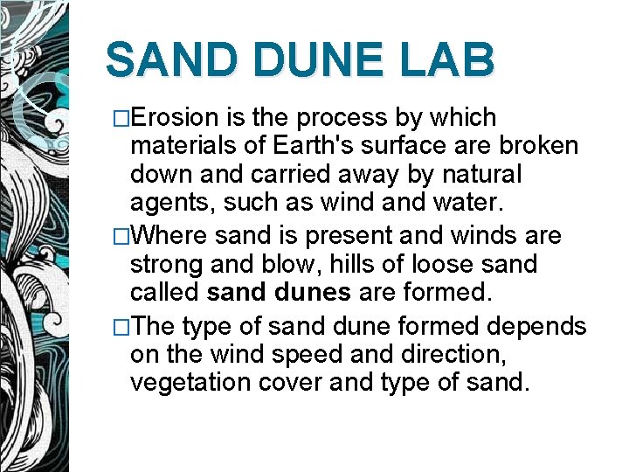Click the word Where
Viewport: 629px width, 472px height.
click(172, 235)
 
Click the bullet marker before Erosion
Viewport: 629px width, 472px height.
click(122, 119)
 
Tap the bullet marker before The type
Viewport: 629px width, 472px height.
click(122, 326)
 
